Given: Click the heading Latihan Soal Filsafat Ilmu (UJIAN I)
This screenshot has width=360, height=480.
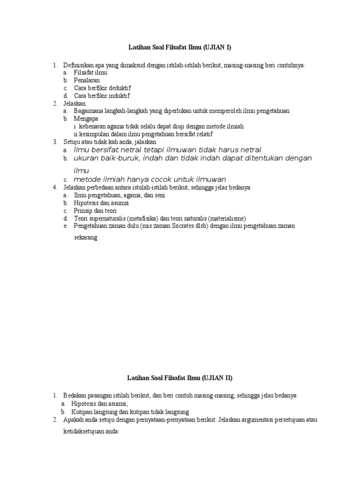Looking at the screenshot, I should [x=180, y=47].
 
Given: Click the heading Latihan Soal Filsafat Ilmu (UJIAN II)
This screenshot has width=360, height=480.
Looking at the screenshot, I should [x=180, y=378].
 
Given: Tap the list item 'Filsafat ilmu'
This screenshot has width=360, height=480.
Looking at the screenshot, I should [x=90, y=73].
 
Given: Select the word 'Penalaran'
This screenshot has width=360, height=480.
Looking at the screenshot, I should [x=87, y=81].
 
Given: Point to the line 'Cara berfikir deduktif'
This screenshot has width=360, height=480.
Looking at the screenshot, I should [x=102, y=88].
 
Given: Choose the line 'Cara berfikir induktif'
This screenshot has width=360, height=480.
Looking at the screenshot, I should [x=102, y=96].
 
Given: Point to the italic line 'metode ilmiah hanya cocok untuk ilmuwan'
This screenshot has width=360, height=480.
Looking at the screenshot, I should [x=150, y=179].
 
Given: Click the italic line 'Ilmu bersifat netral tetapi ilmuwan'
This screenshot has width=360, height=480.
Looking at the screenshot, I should [x=167, y=150].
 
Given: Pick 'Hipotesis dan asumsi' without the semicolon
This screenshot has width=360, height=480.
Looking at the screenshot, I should [x=101, y=203].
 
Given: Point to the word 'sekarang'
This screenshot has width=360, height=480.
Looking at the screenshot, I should [x=85, y=238].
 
